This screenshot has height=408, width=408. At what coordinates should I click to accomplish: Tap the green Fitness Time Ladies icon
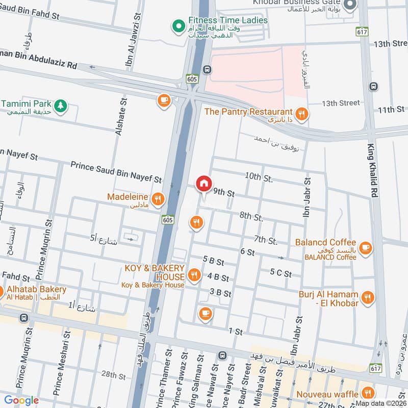coord(178,24)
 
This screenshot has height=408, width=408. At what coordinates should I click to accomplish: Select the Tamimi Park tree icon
coord(61,105)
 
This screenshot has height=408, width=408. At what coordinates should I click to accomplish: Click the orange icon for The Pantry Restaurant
coord(302,114)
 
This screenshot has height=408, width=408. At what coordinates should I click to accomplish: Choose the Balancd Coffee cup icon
coord(365,248)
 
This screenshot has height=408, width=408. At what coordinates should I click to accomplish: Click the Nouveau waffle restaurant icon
coord(367,392)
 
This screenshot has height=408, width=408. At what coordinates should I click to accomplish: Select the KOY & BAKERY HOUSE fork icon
coord(194,276)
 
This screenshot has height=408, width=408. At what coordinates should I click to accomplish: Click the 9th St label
coord(224,193)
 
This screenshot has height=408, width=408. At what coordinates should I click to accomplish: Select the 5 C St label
coord(280,274)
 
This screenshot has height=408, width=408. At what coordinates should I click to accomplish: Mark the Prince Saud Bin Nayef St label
coord(116,172)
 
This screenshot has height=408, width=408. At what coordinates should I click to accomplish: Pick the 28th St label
coord(113,375)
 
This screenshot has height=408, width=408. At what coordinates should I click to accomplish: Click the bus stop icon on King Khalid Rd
coord(374,86)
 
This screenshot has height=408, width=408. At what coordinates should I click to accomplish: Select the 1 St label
coord(236,331)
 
